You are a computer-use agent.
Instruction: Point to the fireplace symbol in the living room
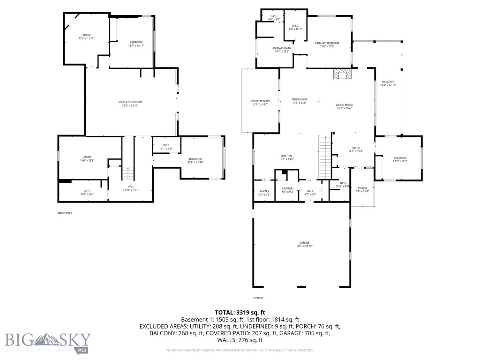point(342,74)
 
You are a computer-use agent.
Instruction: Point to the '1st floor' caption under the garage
point(257,298)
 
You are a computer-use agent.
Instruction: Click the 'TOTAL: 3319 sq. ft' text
point(240,312)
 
